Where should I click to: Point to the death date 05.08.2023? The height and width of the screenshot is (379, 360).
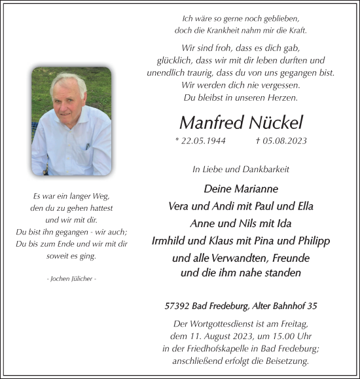pos(285,141)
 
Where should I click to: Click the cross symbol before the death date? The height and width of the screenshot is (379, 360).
pos(258,141)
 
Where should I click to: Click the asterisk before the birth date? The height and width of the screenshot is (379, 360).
pos(177,141)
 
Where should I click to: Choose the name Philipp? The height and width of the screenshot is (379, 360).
pos(310,241)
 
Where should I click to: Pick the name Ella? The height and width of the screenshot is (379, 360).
pos(302,206)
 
